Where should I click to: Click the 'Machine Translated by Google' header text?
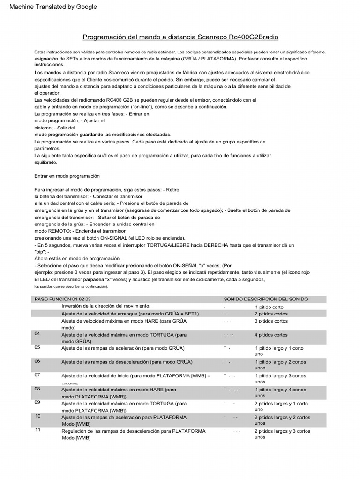point(53,7)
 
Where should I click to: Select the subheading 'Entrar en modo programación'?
point(67,176)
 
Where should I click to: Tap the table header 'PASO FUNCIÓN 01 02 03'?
point(63,299)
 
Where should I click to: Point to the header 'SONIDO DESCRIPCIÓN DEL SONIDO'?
point(266,299)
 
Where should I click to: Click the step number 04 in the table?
point(38,334)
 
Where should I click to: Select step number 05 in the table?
point(38,347)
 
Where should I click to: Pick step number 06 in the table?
point(38,361)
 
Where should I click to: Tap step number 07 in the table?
point(38,375)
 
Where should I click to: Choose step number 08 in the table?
point(38,389)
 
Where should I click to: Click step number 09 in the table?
point(38,402)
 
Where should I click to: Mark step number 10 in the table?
point(38,416)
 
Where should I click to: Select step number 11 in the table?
point(38,430)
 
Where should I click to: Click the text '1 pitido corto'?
point(269,307)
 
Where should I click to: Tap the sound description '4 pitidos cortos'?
point(271,335)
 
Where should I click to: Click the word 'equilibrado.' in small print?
point(45,162)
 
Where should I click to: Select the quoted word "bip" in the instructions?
point(41,252)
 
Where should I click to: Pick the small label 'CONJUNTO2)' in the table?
point(71,383)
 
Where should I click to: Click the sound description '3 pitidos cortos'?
point(271,321)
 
